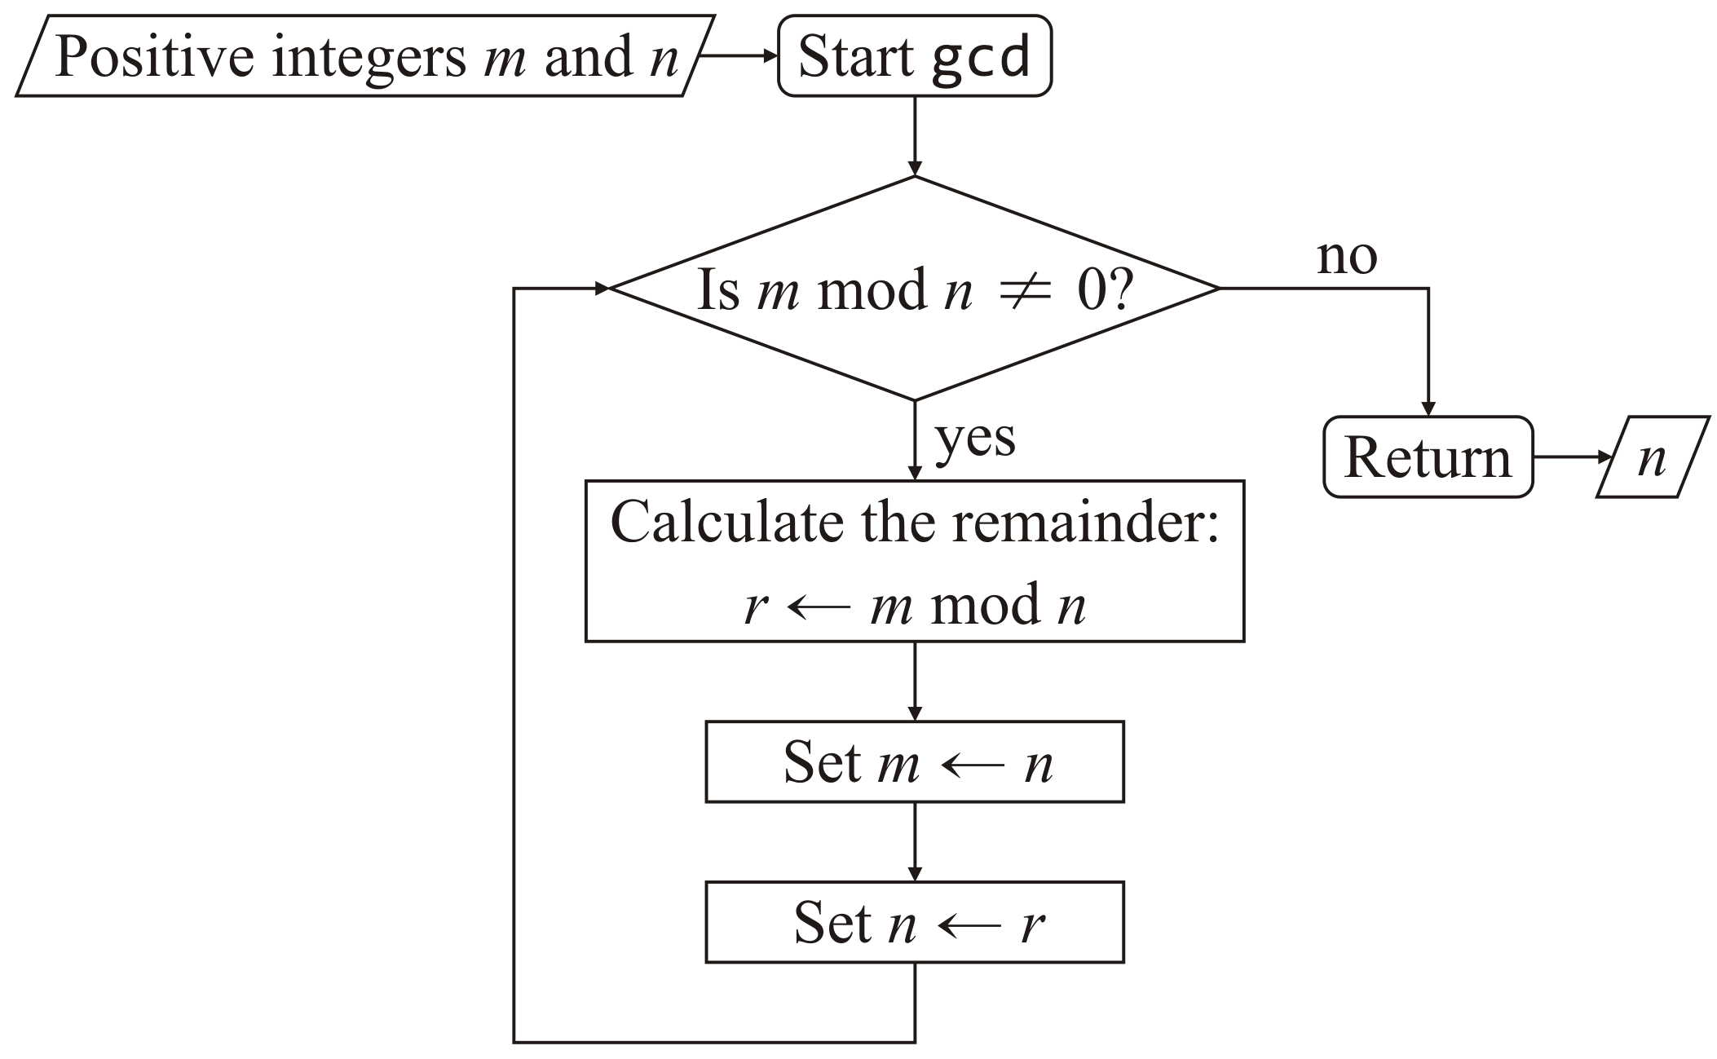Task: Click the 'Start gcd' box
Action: (x=914, y=56)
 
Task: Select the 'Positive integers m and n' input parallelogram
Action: (x=365, y=56)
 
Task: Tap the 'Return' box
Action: (x=1427, y=457)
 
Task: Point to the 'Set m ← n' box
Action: (x=914, y=761)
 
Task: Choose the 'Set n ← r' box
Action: (x=914, y=922)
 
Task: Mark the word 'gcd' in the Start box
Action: (x=981, y=57)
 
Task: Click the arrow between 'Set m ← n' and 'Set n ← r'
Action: (x=915, y=841)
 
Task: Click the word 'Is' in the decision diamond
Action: (x=718, y=290)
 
